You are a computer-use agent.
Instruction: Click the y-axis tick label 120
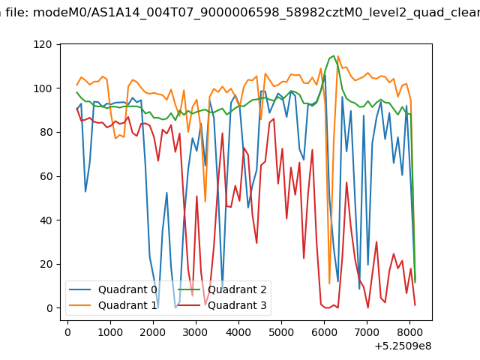(x=43, y=45)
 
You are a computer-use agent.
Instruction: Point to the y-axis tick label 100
(x=43, y=88)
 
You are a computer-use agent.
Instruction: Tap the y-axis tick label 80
(x=46, y=133)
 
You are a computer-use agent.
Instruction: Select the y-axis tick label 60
(x=46, y=177)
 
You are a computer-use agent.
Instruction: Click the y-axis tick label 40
(x=46, y=220)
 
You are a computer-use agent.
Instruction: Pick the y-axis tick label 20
(x=46, y=265)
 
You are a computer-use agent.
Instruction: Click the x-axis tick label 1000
(x=110, y=332)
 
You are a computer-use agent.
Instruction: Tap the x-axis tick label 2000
(x=153, y=332)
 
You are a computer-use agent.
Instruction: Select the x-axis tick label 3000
(x=196, y=332)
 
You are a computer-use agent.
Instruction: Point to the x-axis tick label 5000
(x=281, y=332)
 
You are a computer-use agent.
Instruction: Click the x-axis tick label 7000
(x=367, y=332)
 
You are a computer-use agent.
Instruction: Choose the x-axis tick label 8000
(x=409, y=332)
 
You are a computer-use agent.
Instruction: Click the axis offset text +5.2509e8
(x=403, y=346)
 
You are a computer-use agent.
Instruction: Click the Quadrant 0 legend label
(x=127, y=289)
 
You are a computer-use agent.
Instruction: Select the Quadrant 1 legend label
(x=127, y=305)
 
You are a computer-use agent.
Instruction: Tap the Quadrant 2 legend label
(x=237, y=289)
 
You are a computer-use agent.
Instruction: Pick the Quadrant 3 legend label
(x=237, y=305)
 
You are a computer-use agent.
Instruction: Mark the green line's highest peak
(x=334, y=55)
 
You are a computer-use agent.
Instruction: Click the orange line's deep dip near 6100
(x=329, y=283)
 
